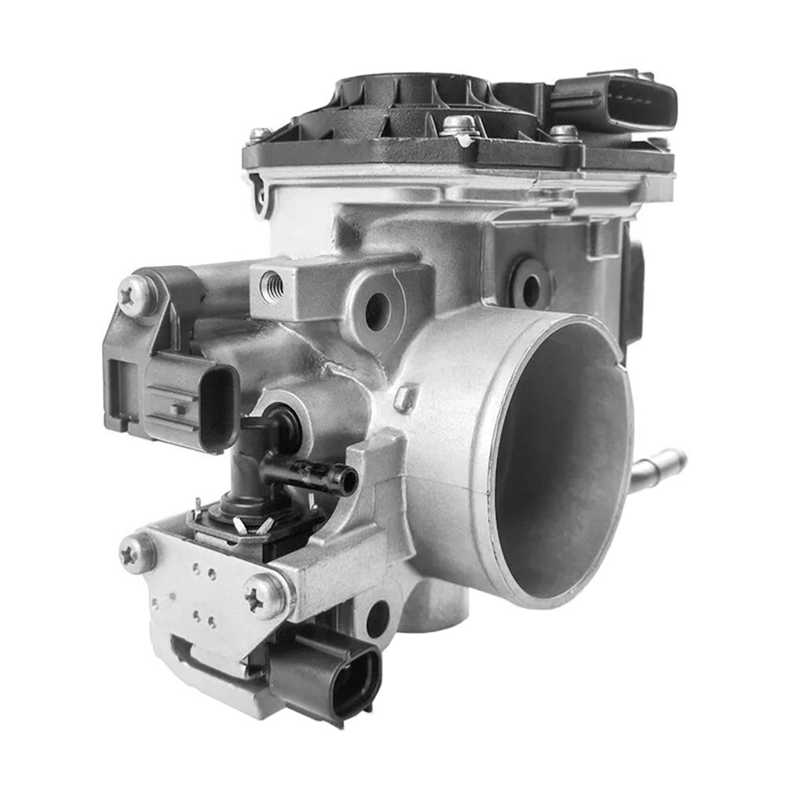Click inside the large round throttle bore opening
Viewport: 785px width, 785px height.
pyautogui.click(x=561, y=463)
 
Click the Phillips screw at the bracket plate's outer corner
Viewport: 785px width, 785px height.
pyautogui.click(x=137, y=553)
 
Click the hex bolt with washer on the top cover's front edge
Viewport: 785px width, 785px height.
pyautogui.click(x=459, y=128)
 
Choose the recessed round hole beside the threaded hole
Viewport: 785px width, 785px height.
pyautogui.click(x=378, y=310)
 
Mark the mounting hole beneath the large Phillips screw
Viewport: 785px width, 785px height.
pyautogui.click(x=378, y=620)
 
